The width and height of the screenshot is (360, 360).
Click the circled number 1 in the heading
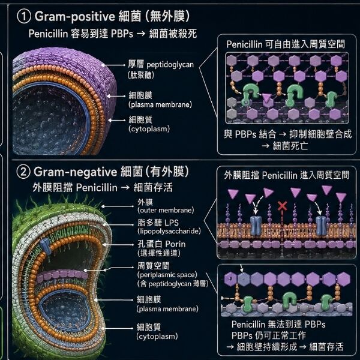[23, 17]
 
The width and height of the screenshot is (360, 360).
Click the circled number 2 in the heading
[23, 172]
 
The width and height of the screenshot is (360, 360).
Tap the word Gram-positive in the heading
[74, 17]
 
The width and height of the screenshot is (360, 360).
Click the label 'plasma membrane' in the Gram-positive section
[160, 104]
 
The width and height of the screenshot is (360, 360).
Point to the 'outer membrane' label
[166, 210]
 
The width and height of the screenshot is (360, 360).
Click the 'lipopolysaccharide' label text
[169, 231]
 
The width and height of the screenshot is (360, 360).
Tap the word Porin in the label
[175, 244]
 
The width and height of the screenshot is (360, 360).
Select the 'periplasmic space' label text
[167, 275]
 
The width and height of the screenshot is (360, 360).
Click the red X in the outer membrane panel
[282, 206]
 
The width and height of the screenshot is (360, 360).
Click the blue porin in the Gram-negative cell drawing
[46, 246]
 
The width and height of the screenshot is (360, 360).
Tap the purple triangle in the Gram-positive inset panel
[266, 98]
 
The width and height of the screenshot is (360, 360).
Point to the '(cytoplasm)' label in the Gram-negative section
[157, 337]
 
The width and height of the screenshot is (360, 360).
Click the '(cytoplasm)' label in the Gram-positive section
[149, 129]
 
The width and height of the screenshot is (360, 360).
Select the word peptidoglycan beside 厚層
[170, 65]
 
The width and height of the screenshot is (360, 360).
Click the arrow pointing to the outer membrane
[118, 206]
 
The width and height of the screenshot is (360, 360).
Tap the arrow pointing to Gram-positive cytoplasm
[117, 120]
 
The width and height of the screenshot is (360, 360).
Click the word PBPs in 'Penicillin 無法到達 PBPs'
[315, 325]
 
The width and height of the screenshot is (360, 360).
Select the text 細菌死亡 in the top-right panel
[290, 146]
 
